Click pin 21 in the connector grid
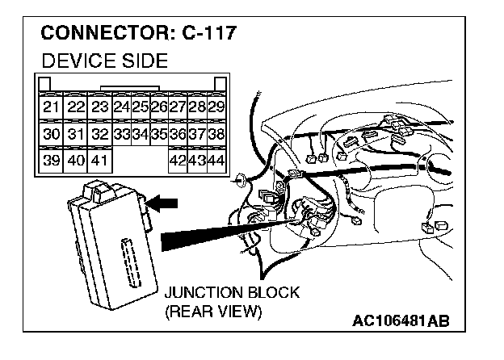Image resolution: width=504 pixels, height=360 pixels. [x=51, y=107]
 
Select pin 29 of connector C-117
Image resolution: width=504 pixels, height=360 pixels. [x=216, y=107]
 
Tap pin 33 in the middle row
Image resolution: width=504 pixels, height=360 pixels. [x=123, y=134]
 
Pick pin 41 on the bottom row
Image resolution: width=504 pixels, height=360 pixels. [x=99, y=161]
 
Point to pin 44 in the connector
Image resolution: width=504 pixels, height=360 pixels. [x=216, y=161]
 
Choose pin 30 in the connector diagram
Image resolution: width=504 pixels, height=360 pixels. [x=51, y=134]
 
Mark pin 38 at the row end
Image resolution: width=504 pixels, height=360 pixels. [x=216, y=134]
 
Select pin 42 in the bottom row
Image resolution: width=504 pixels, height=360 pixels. [x=177, y=161]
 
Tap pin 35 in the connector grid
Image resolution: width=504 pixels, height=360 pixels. [x=158, y=134]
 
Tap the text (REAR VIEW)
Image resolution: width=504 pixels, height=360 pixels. [x=212, y=311]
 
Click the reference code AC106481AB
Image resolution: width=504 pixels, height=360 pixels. [x=399, y=322]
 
